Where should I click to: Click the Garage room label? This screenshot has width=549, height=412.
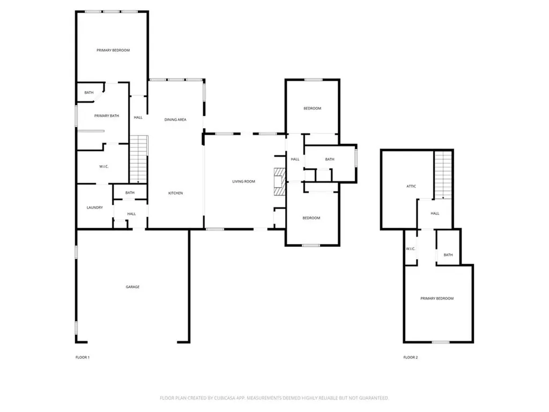133,287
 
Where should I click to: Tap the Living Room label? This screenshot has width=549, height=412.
244,181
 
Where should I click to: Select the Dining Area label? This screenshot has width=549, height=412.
175,120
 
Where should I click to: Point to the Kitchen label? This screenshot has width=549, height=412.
175,193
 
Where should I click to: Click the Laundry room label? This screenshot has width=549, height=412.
95,208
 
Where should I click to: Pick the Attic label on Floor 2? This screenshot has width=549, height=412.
411,186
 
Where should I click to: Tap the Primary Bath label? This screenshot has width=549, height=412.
107,116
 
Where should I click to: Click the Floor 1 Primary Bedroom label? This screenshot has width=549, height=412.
113,50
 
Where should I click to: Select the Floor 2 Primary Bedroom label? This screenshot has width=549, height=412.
437,298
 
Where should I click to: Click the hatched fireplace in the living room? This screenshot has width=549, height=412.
279,181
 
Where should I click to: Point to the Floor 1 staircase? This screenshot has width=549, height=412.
139,159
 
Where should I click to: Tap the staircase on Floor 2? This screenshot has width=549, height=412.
443,175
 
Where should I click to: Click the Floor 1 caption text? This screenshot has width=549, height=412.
83,357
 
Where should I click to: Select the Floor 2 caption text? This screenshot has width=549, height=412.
411,357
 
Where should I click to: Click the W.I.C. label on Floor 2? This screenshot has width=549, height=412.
411,249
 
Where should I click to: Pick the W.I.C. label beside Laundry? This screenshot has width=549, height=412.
103,166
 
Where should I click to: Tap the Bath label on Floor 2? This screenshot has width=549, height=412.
448,255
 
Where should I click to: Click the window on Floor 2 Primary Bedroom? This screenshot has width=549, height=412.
441,342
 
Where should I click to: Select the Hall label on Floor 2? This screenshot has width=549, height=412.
435,214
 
